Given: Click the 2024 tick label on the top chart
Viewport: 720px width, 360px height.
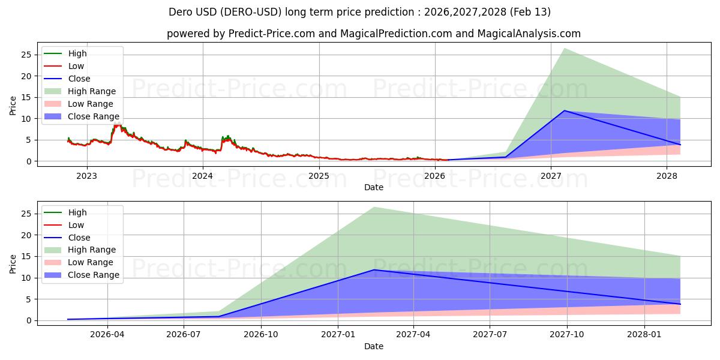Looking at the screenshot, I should click(x=203, y=176).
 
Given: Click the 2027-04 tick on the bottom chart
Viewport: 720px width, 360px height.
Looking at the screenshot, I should click(x=413, y=335).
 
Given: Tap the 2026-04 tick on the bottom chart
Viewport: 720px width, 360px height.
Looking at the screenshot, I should click(x=107, y=335).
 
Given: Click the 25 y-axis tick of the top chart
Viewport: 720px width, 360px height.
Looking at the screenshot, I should click(x=26, y=55).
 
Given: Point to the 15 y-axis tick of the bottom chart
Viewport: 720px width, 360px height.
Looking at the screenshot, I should click(x=26, y=256).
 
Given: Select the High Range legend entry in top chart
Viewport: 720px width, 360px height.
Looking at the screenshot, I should click(x=92, y=91).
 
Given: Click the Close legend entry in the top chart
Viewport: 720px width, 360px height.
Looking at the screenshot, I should click(x=79, y=79).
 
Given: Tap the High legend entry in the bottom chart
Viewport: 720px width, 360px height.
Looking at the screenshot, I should click(x=77, y=212).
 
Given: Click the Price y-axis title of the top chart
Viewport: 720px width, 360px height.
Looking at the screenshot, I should click(x=13, y=105).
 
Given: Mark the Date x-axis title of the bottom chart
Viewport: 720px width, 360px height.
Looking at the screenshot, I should click(x=374, y=346).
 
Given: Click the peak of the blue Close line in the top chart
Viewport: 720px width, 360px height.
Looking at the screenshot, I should click(x=564, y=110).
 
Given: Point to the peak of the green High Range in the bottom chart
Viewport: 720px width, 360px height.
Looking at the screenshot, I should click(x=374, y=208).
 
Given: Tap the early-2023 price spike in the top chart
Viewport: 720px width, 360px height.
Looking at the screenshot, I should click(x=116, y=125).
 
